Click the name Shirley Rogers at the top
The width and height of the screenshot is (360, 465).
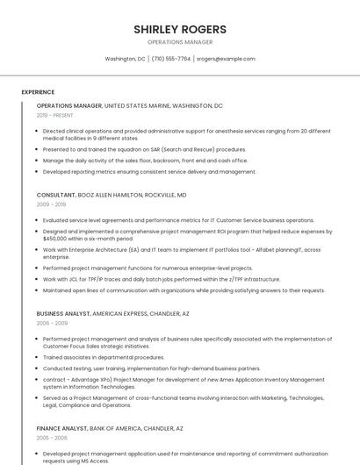(x=180, y=29)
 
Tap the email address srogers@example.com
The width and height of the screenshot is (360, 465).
(x=226, y=59)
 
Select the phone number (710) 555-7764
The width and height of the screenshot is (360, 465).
(x=170, y=59)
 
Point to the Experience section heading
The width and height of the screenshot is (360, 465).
(x=38, y=92)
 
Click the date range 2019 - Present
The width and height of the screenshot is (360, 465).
(x=55, y=115)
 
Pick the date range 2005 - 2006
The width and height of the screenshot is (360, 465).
(x=51, y=438)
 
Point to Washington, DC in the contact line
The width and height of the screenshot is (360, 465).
(x=125, y=59)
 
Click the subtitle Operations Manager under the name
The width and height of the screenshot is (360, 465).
(x=180, y=41)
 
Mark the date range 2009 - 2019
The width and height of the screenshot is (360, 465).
(x=51, y=204)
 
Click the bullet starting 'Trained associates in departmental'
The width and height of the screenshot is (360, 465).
(x=104, y=357)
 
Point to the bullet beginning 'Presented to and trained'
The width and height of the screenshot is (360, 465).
(x=144, y=149)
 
